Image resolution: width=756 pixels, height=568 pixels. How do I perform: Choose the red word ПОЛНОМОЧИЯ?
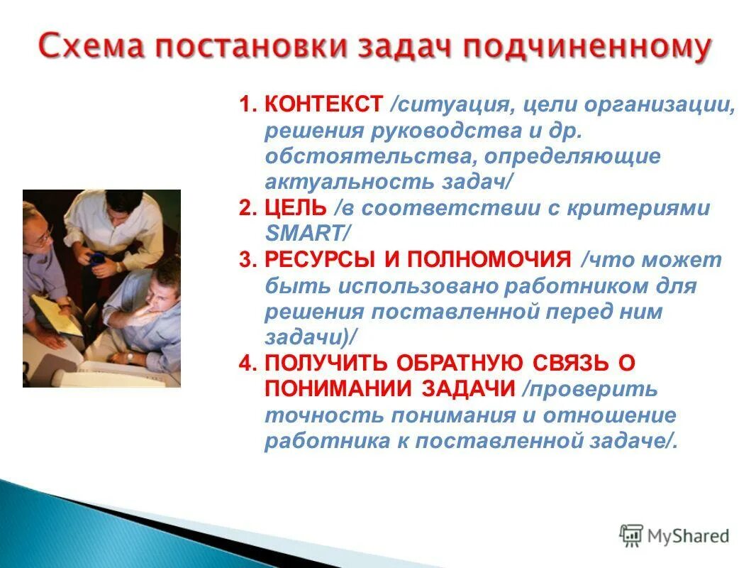tap(487, 260)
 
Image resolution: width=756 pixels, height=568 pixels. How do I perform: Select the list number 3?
tap(245, 260)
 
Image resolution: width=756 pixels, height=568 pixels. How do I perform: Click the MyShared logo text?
tap(688, 535)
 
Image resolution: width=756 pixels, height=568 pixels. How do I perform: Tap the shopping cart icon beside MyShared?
tap(630, 535)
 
